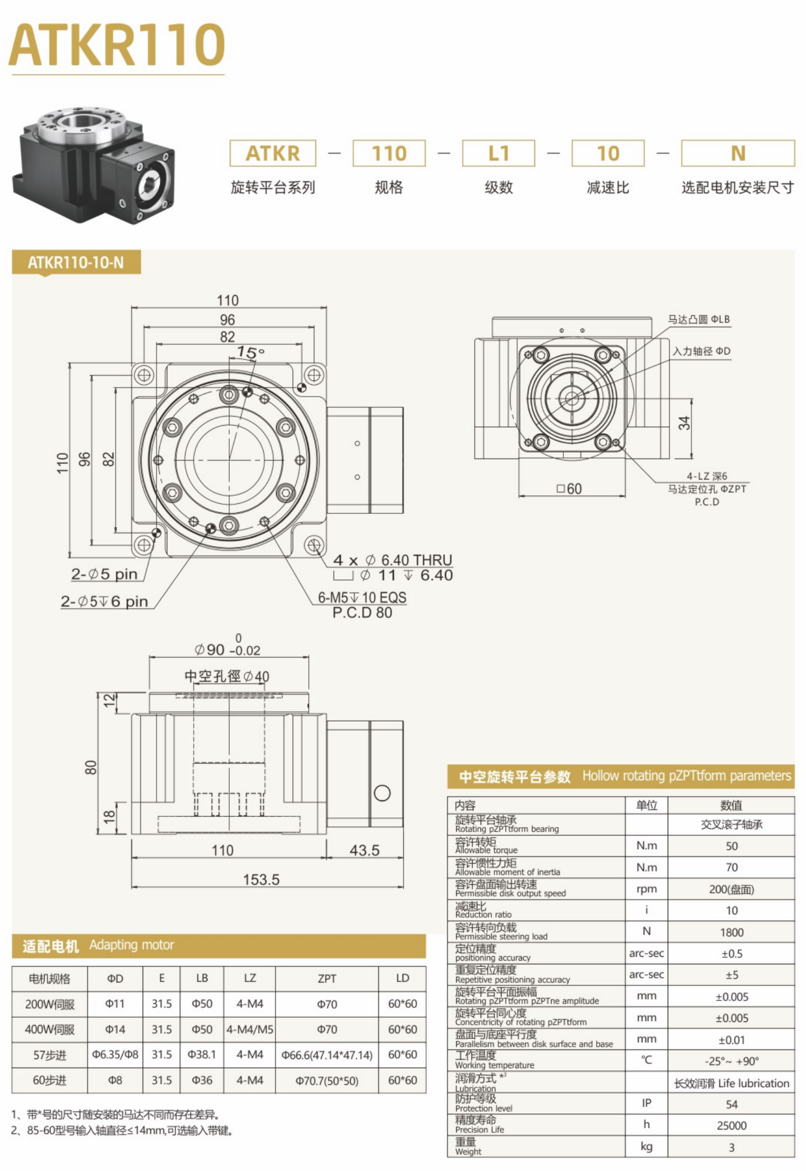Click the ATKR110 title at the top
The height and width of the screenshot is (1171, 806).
pyautogui.click(x=117, y=45)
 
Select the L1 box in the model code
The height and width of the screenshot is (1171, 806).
pyautogui.click(x=498, y=153)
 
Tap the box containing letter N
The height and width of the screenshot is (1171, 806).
pyautogui.click(x=738, y=153)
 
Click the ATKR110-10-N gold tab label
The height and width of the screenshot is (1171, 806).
pyautogui.click(x=76, y=263)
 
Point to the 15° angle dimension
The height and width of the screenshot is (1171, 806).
pyautogui.click(x=250, y=352)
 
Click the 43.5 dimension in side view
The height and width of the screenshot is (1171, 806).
pyautogui.click(x=364, y=850)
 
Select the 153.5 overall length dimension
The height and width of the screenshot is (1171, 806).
pyautogui.click(x=261, y=879)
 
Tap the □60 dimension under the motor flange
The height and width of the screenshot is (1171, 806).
pyautogui.click(x=569, y=489)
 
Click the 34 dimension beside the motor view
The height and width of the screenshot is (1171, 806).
pyautogui.click(x=684, y=422)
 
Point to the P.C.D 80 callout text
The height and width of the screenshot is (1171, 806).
pyautogui.click(x=362, y=612)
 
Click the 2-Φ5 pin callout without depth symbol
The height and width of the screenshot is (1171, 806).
pyautogui.click(x=104, y=574)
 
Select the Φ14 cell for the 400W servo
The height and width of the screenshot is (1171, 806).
pyautogui.click(x=115, y=1029)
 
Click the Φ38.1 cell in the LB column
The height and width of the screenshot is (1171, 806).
pyautogui.click(x=202, y=1055)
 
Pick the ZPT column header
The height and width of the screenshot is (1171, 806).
pyautogui.click(x=327, y=978)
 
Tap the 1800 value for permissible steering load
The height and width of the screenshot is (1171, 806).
pyautogui.click(x=731, y=932)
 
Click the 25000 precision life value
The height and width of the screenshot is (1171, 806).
pyautogui.click(x=731, y=1125)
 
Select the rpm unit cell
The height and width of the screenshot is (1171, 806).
pyautogui.click(x=646, y=889)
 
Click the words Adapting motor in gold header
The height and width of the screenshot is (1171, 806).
pyautogui.click(x=132, y=945)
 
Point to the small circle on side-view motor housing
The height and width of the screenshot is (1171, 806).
pyautogui.click(x=382, y=793)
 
